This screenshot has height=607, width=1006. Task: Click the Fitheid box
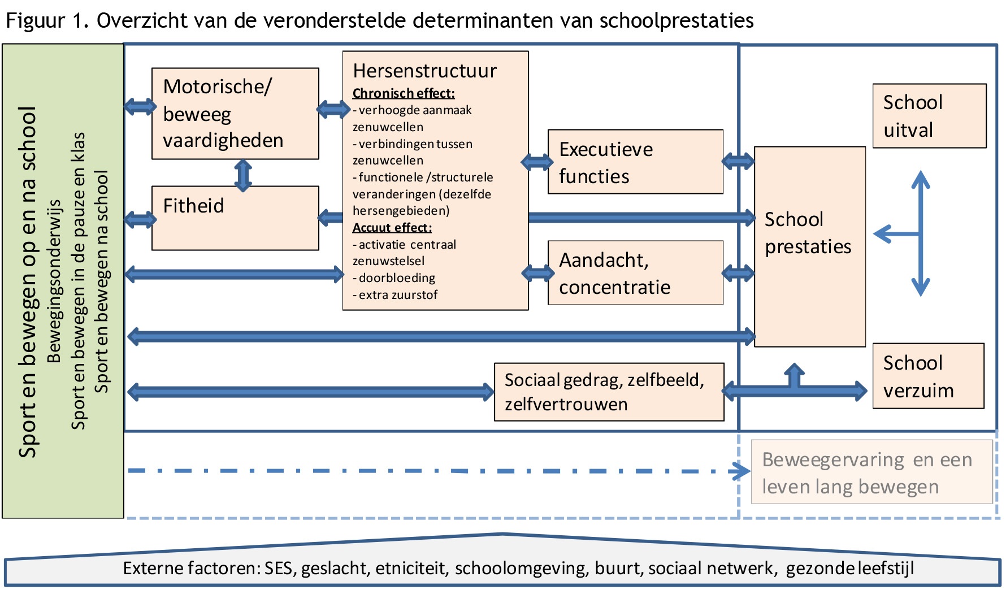235,218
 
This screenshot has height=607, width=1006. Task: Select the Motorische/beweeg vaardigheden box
235,114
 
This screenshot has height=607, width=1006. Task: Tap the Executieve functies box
635,162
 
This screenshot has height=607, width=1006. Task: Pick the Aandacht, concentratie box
635,273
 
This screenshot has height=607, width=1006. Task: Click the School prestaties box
810,246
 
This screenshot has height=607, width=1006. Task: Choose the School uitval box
929,116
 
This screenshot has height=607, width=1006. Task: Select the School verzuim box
929,376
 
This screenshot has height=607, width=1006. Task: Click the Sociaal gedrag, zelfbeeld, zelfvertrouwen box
609,392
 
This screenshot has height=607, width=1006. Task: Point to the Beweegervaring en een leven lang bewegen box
871,472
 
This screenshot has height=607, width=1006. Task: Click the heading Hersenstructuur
424,71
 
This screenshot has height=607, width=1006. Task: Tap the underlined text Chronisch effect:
404,93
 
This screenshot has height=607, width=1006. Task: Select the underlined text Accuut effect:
392,228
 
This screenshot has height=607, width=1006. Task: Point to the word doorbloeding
397,278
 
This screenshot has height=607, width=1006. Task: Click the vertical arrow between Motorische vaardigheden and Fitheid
243,175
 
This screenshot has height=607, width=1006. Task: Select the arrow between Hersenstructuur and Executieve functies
537,162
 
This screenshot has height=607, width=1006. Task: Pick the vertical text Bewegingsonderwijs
54,281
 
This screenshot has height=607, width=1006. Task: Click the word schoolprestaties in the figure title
677,20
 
